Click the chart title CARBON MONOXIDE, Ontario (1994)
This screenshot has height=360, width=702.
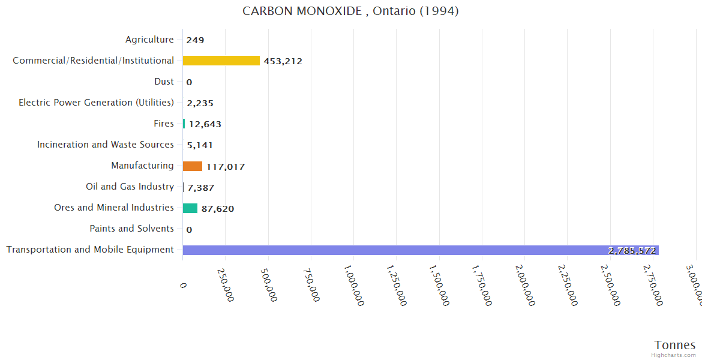point(350,11)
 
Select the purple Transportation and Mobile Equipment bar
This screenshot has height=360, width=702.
point(420,250)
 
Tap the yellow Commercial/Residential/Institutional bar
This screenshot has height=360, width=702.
point(221,61)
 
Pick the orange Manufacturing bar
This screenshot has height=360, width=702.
point(192,166)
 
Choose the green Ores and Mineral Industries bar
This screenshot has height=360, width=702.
point(190,208)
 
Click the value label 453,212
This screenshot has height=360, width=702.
point(283,61)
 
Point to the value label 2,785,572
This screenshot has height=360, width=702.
point(632,251)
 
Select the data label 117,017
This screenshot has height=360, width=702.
point(226,167)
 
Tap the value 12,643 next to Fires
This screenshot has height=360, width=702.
point(205,124)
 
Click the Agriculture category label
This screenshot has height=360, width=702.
point(149,40)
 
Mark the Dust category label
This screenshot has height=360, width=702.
point(164,82)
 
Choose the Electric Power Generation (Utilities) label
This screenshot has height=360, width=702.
point(96,103)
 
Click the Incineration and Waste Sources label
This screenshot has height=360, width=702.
point(105,145)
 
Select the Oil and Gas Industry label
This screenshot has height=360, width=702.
point(130,187)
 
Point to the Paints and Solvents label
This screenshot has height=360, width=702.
point(131,229)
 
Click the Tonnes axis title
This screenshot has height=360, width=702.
point(674,345)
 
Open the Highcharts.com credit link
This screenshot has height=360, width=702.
point(674,355)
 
